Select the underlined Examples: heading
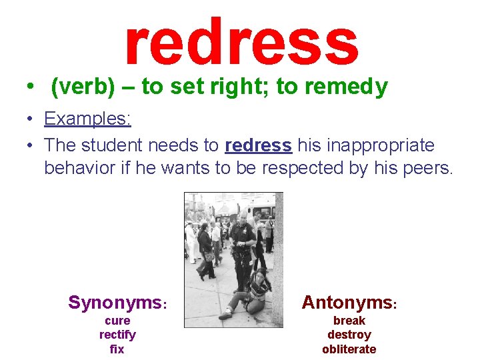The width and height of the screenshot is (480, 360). pos(87,119)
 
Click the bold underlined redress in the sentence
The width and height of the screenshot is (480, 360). pos(259,145)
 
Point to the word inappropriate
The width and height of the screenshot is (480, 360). pos(366,145)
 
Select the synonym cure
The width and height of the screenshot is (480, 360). pos(117,321)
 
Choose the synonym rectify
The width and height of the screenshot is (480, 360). pos(117,335)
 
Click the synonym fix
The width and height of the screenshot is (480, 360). pos(117,349)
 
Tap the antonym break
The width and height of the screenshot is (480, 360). pos(349,321)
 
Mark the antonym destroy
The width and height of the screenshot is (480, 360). pos(349,335)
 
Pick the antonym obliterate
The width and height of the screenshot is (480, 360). pos(349,349)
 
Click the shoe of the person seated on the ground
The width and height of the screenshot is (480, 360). pos(225,315)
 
